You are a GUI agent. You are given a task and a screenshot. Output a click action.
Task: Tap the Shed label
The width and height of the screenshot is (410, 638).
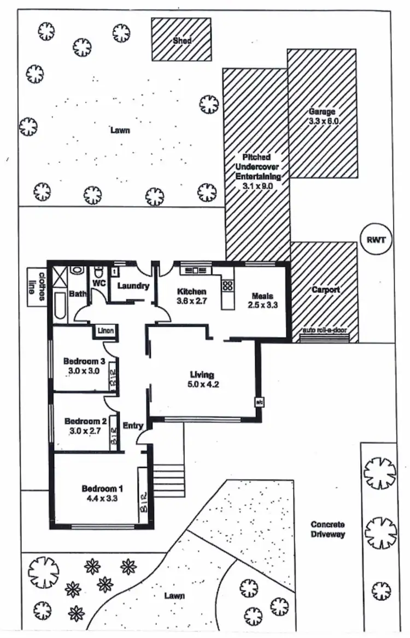pyautogui.click(x=182, y=41)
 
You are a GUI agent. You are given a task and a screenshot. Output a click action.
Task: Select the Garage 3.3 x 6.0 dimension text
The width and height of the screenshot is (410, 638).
pyautogui.click(x=324, y=121)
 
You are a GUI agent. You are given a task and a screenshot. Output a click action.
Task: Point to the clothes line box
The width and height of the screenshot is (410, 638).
pyautogui.click(x=37, y=287)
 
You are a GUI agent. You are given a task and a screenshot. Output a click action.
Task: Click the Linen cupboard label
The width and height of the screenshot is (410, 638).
pyautogui.click(x=106, y=330)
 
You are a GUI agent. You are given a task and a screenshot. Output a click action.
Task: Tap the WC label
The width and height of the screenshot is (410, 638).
pyautogui.click(x=99, y=282)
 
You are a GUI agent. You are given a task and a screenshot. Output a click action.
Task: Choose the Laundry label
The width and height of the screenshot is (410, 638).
pyautogui.click(x=133, y=285)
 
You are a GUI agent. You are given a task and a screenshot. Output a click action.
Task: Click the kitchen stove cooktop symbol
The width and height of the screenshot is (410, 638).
pyautogui.click(x=227, y=285)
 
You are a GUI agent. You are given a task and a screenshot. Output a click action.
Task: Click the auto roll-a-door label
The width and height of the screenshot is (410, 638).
pyautogui.click(x=325, y=330)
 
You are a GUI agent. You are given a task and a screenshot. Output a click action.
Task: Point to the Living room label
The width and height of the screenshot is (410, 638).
pyautogui.click(x=202, y=375)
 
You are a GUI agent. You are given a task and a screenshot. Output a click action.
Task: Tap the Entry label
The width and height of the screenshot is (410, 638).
pyautogui.click(x=133, y=426)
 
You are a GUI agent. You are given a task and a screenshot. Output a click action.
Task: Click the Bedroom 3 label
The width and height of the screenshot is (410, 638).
pyautogui.click(x=84, y=361)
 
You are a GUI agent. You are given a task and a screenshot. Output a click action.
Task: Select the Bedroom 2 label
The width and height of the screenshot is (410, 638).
pyautogui.click(x=86, y=421)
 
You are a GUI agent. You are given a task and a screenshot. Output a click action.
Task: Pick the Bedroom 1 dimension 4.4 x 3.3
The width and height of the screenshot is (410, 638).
pyautogui.click(x=102, y=498)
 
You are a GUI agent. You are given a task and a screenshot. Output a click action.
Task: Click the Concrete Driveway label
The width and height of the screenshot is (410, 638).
pyautogui.click(x=327, y=529)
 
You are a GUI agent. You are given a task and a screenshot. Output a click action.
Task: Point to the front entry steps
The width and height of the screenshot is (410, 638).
pyautogui.click(x=168, y=481)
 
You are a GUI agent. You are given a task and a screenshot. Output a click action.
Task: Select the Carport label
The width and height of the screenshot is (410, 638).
pyautogui.click(x=326, y=290)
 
